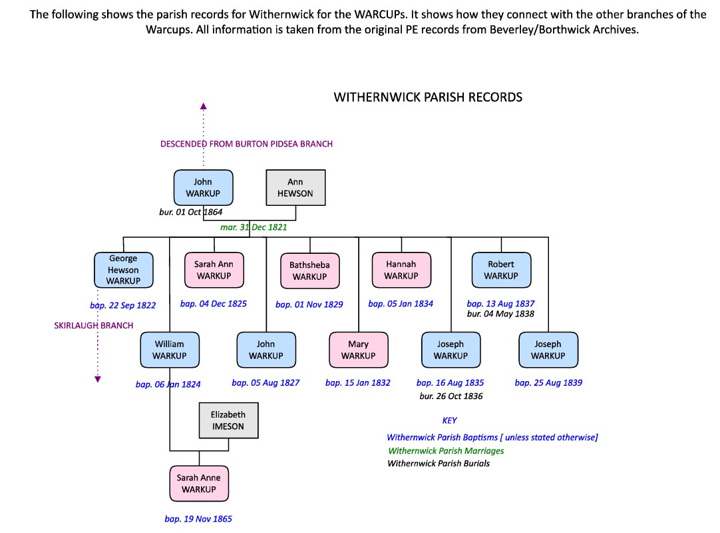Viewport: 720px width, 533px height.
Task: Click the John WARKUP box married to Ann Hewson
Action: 203,187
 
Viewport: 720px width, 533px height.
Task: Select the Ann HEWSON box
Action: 295,187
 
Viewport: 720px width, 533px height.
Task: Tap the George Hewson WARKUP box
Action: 123,270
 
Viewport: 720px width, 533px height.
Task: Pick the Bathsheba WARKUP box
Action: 309,270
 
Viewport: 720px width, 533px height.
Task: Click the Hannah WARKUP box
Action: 401,270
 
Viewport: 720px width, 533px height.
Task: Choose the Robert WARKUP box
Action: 501,270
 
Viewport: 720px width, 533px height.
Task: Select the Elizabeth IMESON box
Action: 228,420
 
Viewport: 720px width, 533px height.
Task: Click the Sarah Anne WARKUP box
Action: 198,483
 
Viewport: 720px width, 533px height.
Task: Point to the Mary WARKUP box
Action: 359,350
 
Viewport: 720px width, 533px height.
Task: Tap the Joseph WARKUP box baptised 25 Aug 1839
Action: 548,350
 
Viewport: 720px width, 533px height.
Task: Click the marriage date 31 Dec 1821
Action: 254,227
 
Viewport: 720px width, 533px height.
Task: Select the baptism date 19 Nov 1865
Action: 198,519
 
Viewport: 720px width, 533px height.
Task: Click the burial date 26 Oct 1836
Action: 450,396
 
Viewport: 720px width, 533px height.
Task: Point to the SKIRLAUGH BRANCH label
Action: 94,326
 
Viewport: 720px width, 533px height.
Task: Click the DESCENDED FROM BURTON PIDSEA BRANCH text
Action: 246,144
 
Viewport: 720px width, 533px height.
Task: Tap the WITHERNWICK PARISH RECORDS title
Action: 428,97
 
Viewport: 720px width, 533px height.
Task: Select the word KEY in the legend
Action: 450,420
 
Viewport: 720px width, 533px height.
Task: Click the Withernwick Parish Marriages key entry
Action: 446,450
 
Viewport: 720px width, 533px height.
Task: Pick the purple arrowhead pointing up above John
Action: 204,105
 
